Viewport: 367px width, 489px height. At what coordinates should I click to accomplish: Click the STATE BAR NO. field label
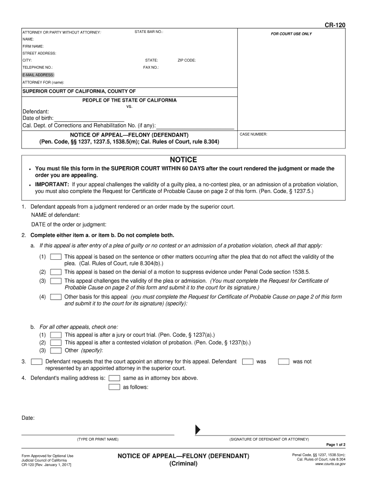click(x=149, y=32)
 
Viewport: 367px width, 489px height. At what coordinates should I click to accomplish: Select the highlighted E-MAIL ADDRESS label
click(x=38, y=75)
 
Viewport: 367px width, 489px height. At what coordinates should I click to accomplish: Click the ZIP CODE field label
click(x=186, y=60)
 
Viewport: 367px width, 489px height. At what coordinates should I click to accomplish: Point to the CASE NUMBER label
click(x=253, y=135)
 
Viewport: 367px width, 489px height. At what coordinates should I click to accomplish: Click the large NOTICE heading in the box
click(x=183, y=159)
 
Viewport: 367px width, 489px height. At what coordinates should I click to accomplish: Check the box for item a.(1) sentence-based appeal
click(x=56, y=257)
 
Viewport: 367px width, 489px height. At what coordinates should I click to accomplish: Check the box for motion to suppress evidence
click(x=56, y=271)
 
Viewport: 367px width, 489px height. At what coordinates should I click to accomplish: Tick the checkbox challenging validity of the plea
click(x=56, y=281)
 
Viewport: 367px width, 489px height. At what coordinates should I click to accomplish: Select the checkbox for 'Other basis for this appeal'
click(x=56, y=297)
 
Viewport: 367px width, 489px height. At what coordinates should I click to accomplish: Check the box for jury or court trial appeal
click(x=56, y=335)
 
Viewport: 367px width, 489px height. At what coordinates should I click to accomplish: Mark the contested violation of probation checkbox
click(x=56, y=342)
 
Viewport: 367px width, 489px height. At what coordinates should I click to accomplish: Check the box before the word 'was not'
click(x=284, y=361)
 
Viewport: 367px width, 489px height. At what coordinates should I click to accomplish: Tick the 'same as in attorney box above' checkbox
click(x=114, y=378)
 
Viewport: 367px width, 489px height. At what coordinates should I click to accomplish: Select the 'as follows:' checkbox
click(x=114, y=387)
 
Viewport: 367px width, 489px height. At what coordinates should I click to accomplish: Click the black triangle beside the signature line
click(x=198, y=429)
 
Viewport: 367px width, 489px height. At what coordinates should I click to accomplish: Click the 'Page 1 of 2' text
click(x=336, y=444)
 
